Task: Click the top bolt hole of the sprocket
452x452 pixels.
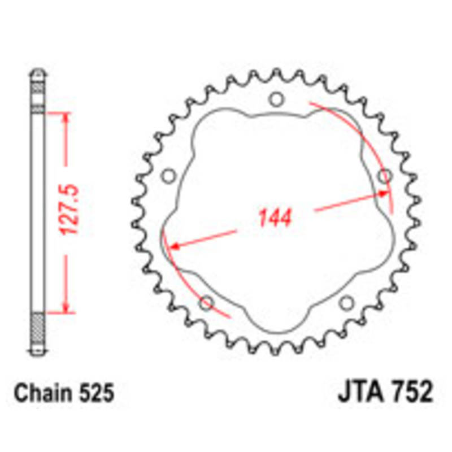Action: tap(276, 100)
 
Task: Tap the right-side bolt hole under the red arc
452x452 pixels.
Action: tap(384, 176)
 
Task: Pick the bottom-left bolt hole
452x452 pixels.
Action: tap(206, 303)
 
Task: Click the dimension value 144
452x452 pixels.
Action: tap(275, 218)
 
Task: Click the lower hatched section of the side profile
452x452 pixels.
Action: tap(38, 330)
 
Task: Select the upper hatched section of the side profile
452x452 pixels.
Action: tap(38, 90)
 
